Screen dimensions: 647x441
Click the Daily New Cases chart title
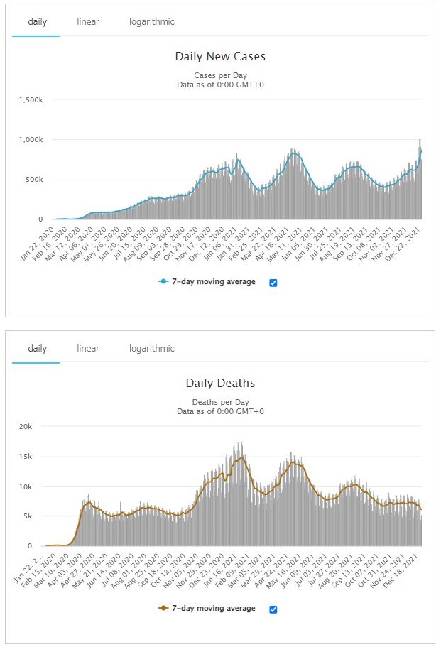click(220, 56)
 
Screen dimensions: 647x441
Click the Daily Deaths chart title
click(220, 383)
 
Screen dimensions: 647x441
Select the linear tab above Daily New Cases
click(88, 22)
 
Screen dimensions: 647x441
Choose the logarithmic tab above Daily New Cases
click(151, 22)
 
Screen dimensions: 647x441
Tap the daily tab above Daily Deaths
click(37, 349)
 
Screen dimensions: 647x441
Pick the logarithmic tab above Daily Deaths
click(151, 349)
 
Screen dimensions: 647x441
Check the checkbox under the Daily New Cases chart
click(273, 283)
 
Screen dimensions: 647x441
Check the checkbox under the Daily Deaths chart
click(273, 609)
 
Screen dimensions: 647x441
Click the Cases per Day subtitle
click(220, 75)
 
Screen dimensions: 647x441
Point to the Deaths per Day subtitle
click(220, 402)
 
